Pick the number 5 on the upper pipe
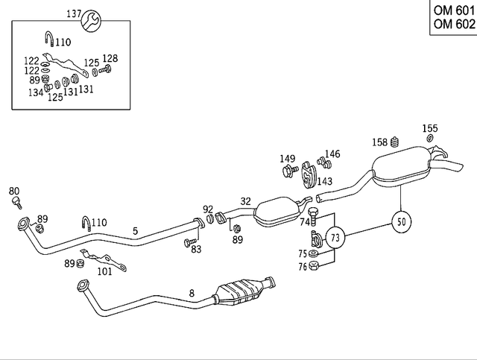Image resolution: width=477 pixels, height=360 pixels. pos(135,231)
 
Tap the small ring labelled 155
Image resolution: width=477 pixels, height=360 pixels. pos(430,139)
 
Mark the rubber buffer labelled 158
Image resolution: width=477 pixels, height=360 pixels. pos(397,142)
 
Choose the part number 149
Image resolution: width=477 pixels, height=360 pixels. pos(288,159)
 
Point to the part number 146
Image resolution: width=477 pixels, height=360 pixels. pos(332,154)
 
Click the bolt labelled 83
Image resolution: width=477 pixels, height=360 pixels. pos(189,242)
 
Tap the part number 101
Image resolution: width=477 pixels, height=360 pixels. pos(105,272)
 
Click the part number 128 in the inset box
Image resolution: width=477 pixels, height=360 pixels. pos(110,58)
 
